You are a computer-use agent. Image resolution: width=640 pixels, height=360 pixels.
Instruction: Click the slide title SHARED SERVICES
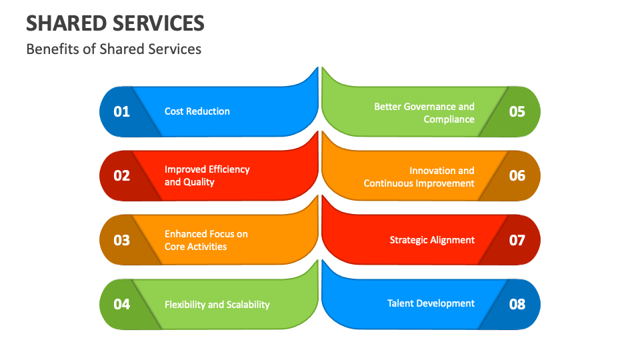(115, 23)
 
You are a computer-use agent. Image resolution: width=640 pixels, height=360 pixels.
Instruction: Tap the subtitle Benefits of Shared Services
(113, 49)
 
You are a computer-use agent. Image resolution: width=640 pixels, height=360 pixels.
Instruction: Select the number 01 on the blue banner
(121, 111)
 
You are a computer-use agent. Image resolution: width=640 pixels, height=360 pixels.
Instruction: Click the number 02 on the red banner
(121, 176)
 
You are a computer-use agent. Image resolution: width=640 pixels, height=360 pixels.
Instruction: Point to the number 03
(121, 240)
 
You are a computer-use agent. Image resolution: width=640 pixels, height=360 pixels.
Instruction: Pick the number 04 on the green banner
(121, 304)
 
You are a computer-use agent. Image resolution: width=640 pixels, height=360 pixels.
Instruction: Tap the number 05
(517, 111)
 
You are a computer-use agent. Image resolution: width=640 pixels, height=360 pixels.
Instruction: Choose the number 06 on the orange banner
(517, 176)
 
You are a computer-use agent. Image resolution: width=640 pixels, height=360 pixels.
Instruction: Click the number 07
(517, 240)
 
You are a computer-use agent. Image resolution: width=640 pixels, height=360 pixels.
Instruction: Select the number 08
(517, 304)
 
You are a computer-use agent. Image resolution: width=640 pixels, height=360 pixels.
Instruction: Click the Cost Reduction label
(197, 111)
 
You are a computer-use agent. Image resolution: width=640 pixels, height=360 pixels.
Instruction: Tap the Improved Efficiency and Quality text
(207, 175)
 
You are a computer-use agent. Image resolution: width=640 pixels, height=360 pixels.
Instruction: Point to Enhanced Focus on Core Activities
(206, 240)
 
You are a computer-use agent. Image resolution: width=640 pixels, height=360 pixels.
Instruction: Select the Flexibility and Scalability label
(217, 305)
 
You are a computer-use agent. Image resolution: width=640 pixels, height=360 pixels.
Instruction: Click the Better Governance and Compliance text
(425, 113)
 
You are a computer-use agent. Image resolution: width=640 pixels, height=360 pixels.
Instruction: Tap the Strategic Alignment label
(432, 240)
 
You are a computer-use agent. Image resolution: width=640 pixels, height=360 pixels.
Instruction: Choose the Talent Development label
(431, 303)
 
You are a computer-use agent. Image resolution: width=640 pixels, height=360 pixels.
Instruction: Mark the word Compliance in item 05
(449, 119)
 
